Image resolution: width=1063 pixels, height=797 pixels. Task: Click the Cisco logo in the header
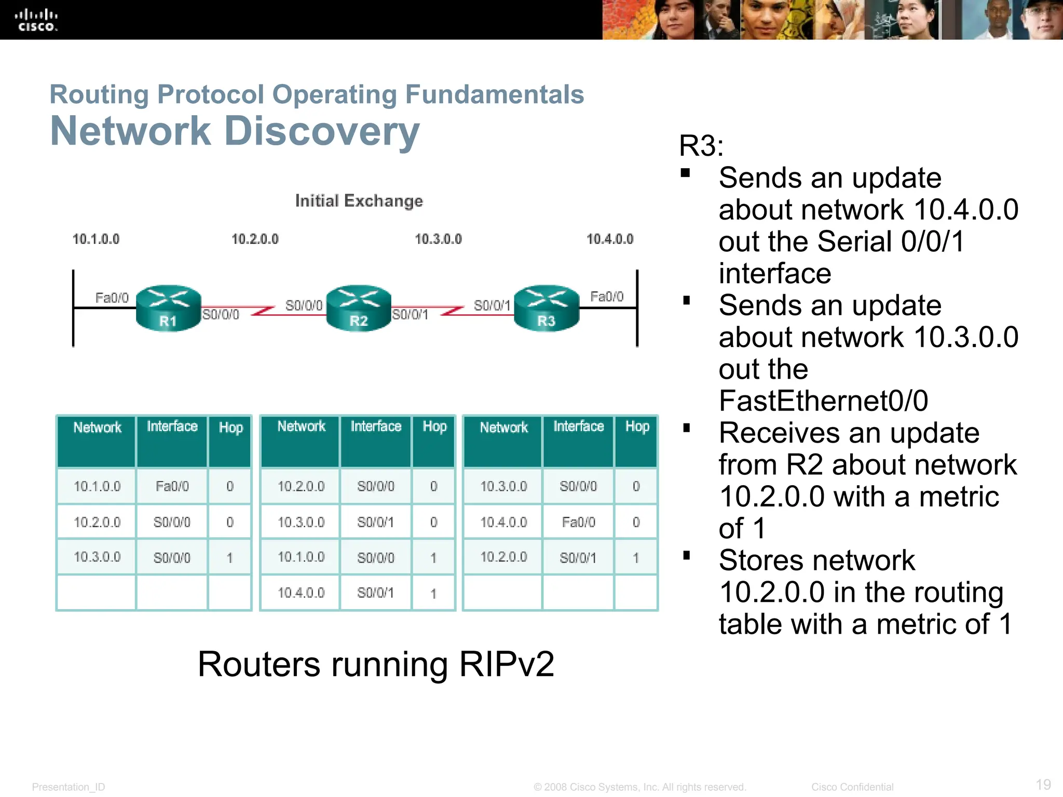(36, 20)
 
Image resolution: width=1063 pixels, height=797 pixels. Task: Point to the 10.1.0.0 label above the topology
(96, 239)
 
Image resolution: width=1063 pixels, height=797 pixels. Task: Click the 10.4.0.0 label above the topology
(610, 239)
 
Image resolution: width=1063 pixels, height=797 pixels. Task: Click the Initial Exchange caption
(359, 201)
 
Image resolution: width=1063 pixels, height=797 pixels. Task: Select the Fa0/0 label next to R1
(112, 298)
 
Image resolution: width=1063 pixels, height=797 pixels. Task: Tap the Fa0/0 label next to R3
(607, 297)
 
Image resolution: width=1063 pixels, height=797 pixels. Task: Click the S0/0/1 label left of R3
(492, 306)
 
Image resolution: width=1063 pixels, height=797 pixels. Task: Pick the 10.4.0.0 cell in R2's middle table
(301, 593)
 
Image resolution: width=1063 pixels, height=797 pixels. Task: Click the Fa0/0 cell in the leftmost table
(172, 486)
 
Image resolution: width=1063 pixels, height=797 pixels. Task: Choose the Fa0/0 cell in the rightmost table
(578, 522)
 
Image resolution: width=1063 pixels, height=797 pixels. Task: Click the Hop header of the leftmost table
(230, 428)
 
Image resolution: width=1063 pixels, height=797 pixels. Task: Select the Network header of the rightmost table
(503, 428)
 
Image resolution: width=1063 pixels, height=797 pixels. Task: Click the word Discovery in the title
(322, 131)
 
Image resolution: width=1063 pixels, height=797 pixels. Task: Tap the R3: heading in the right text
(701, 146)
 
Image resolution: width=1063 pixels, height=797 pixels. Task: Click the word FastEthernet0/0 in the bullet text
(823, 401)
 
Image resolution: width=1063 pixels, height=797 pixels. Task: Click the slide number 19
(1043, 784)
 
